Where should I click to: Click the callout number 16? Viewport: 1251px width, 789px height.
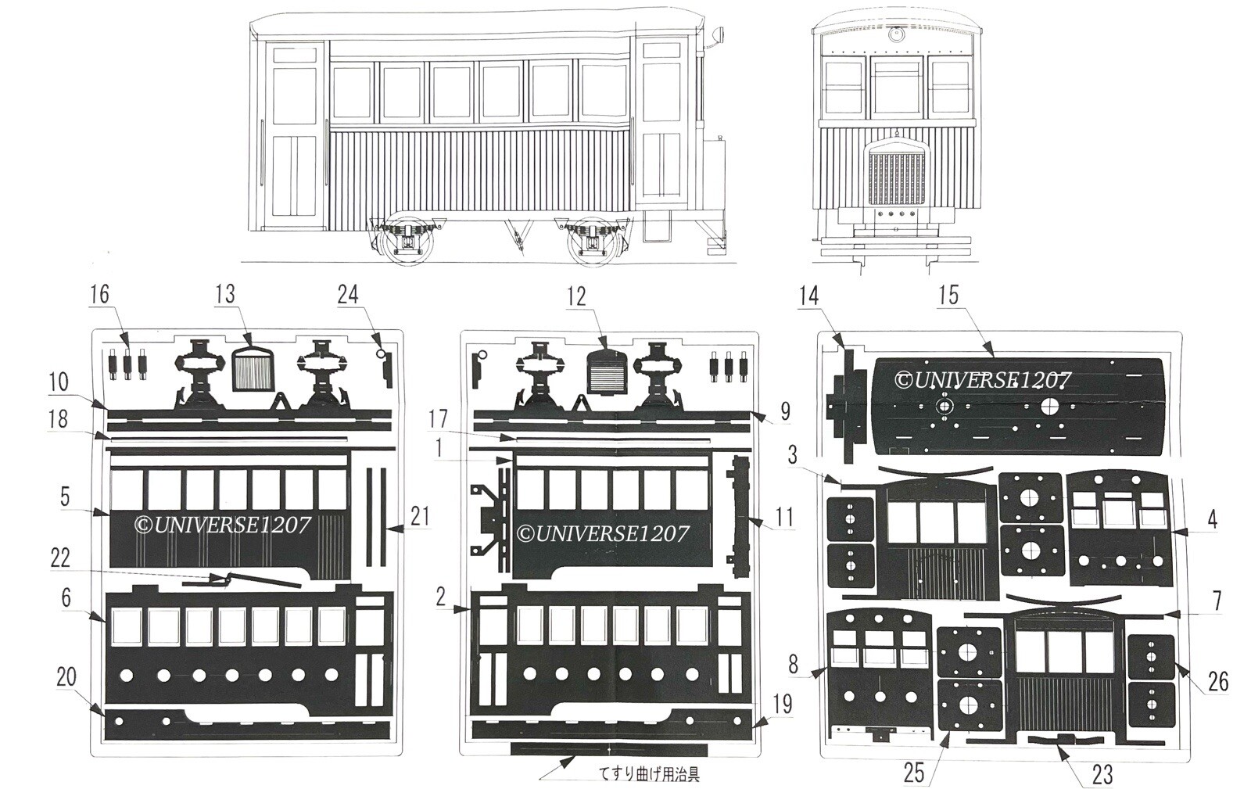pyautogui.click(x=99, y=294)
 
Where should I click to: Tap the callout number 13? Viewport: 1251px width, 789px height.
pyautogui.click(x=225, y=294)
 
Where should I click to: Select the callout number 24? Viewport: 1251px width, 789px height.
pyautogui.click(x=348, y=294)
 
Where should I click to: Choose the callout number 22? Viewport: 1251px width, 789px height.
pyautogui.click(x=59, y=558)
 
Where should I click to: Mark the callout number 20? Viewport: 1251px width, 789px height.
pyautogui.click(x=66, y=677)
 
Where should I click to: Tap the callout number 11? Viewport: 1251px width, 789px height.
pyautogui.click(x=784, y=517)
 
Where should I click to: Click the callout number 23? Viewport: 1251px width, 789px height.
pyautogui.click(x=1102, y=774)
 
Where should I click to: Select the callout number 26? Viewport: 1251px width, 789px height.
pyautogui.click(x=1218, y=682)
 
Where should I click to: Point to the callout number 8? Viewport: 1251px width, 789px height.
pyautogui.click(x=794, y=665)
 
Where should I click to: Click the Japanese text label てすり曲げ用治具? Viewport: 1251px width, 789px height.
pyautogui.click(x=649, y=774)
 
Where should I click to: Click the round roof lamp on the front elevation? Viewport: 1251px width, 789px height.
pyautogui.click(x=894, y=34)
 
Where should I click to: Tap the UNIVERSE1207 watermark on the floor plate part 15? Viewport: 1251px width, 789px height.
pyautogui.click(x=983, y=381)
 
